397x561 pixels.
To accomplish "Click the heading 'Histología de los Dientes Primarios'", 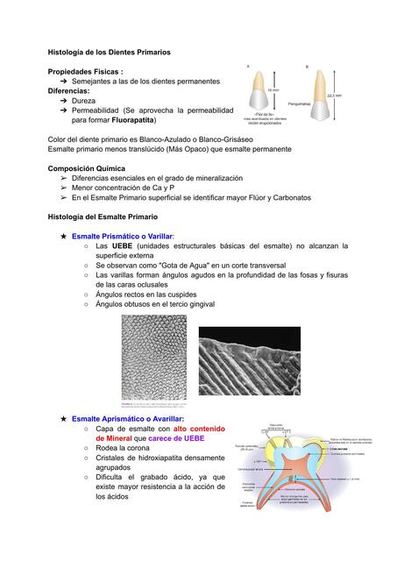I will (x=109, y=53).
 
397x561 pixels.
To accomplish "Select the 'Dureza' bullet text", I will (x=84, y=101).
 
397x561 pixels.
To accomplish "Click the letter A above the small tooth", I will (x=248, y=66).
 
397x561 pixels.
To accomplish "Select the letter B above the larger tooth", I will (x=307, y=66).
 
